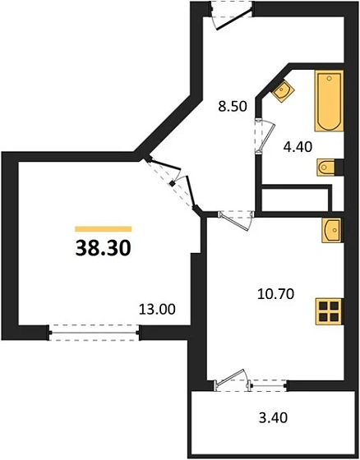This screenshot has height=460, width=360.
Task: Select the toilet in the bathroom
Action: [329, 168]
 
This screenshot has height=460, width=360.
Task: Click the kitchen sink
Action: [333, 232]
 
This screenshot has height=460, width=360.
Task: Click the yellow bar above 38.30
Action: [104, 228]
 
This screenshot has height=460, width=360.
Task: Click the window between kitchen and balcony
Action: [268, 382]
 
